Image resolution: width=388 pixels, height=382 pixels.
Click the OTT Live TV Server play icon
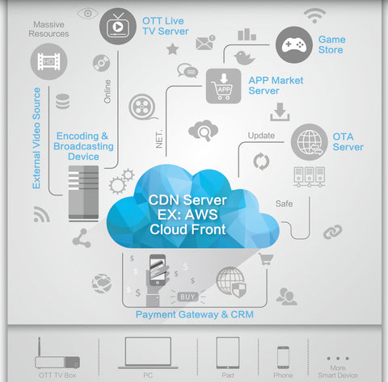pyautogui.click(x=118, y=27)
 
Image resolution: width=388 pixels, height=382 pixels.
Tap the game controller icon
pyautogui.click(x=294, y=44)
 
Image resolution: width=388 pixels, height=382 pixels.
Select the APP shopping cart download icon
pyautogui.click(x=223, y=86)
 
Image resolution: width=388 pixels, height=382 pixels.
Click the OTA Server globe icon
pyautogui.click(x=310, y=142)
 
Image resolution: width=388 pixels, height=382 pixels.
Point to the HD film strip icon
pyautogui.click(x=48, y=61)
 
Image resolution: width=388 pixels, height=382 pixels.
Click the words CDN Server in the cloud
pyautogui.click(x=188, y=200)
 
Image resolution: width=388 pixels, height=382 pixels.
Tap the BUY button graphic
pyautogui.click(x=188, y=297)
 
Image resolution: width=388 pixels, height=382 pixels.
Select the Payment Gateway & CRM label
pyautogui.click(x=195, y=314)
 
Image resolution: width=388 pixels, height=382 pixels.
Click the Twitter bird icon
pyautogui.click(x=244, y=57)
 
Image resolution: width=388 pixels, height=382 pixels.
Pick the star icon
pyautogui.click(x=173, y=49)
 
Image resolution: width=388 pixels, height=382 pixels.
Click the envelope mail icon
pyautogui.click(x=205, y=43)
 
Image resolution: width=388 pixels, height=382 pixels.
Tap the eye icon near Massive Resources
pyautogui.click(x=87, y=14)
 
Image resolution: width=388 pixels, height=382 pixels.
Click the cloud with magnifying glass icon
pyautogui.click(x=203, y=131)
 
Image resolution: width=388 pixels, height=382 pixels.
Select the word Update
pyautogui.click(x=261, y=136)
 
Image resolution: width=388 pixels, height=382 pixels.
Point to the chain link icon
pyautogui.click(x=333, y=232)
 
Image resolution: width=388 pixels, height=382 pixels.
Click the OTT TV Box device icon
pyautogui.click(x=57, y=353)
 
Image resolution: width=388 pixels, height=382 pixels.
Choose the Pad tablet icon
pyautogui.click(x=228, y=353)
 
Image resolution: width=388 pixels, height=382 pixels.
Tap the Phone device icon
pyautogui.click(x=283, y=358)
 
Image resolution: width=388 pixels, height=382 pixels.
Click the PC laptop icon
pyautogui.click(x=148, y=353)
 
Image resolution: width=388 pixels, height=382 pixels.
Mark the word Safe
pyautogui.click(x=284, y=204)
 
